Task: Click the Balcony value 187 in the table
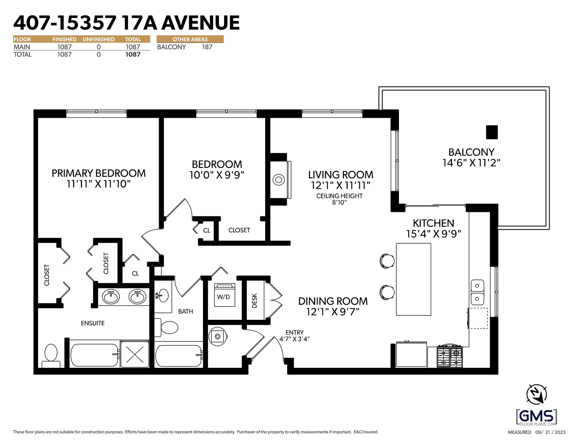pyautogui.click(x=207, y=47)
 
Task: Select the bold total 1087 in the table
pyautogui.click(x=133, y=55)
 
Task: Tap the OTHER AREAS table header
pyautogui.click(x=190, y=39)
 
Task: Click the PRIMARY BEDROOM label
pyautogui.click(x=99, y=173)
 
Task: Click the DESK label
pyautogui.click(x=255, y=301)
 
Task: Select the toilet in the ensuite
pyautogui.click(x=51, y=356)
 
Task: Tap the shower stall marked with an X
pyautogui.click(x=135, y=354)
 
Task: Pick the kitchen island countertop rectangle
pyautogui.click(x=413, y=279)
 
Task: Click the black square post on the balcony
pyautogui.click(x=492, y=132)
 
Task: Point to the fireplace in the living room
pyautogui.click(x=280, y=180)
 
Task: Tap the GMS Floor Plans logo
pyautogui.click(x=537, y=417)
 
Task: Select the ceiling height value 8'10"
pyautogui.click(x=340, y=203)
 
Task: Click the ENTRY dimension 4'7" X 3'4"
pyautogui.click(x=294, y=339)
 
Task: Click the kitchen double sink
pyautogui.click(x=478, y=292)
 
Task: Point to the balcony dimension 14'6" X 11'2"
pyautogui.click(x=471, y=163)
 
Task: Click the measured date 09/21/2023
pyautogui.click(x=550, y=432)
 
